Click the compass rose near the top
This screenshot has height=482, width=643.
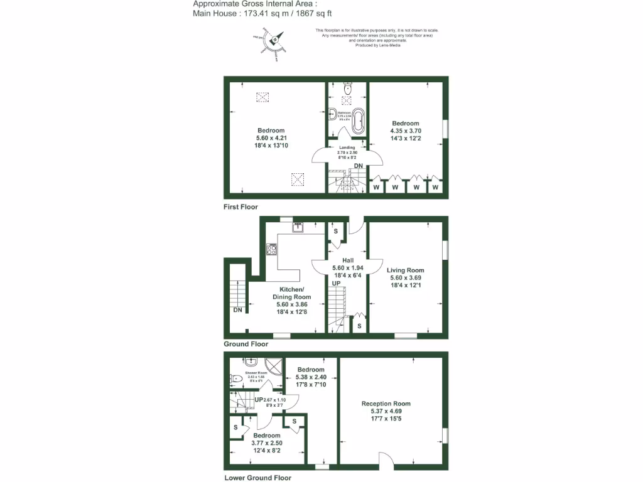coord(275,41)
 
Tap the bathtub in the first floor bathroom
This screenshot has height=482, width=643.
coord(358,120)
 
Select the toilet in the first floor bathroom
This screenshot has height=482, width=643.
coord(349,89)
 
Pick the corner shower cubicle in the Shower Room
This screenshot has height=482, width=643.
coord(273,365)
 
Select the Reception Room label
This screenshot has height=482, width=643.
coord(386,404)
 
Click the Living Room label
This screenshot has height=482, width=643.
coord(405,270)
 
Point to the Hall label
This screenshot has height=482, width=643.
coord(347,260)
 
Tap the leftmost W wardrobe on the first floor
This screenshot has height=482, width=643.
coord(377,187)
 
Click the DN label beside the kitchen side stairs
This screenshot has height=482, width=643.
coord(237,310)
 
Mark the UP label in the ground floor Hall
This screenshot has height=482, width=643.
coord(337,284)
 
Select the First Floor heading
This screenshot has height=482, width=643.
coord(240,206)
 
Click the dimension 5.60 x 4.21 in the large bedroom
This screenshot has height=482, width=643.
coord(270,138)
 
